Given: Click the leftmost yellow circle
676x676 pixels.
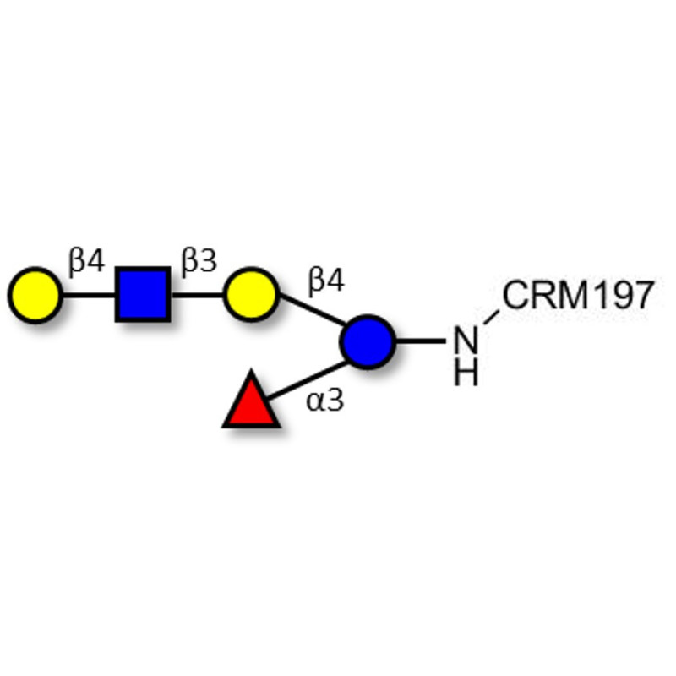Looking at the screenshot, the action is click(35, 295).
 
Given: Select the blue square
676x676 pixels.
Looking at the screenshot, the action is click(143, 295).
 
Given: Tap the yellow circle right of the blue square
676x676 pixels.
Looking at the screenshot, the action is click(251, 295).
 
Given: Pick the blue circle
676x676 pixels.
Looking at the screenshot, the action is click(368, 342).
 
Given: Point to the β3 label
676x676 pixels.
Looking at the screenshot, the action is click(199, 262).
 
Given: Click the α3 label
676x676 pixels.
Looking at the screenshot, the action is click(325, 400).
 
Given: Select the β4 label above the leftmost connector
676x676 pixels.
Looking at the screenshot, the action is click(86, 262).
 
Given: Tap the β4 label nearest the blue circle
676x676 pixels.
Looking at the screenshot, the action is click(326, 282).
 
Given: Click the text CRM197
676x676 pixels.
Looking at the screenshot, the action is click(578, 295).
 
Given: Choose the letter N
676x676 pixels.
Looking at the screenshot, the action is click(466, 341).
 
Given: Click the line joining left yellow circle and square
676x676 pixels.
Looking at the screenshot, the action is click(90, 295).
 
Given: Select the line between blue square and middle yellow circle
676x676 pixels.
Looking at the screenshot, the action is click(197, 295).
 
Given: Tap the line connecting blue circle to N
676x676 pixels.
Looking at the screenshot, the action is click(420, 341).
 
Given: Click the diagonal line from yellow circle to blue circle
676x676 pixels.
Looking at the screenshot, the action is click(312, 309).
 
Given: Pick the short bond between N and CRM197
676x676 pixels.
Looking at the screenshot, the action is click(492, 317).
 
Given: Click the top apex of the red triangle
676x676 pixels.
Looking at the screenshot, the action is click(251, 370).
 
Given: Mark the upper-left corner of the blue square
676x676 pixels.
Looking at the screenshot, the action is click(116, 268).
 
